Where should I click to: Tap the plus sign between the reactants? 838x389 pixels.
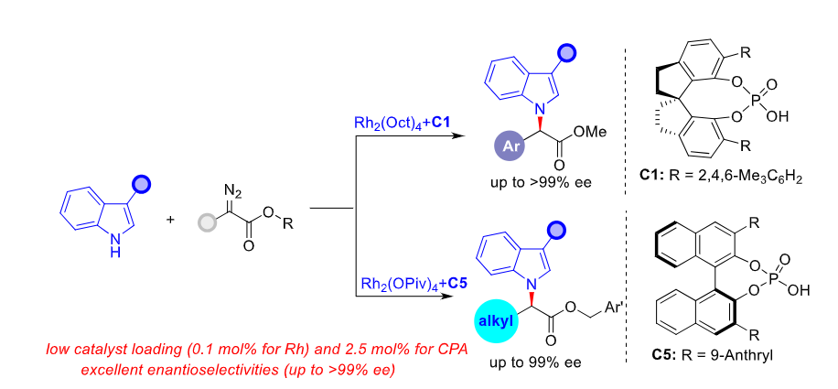click(171, 221)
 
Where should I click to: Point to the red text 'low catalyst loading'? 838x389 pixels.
click(119, 349)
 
